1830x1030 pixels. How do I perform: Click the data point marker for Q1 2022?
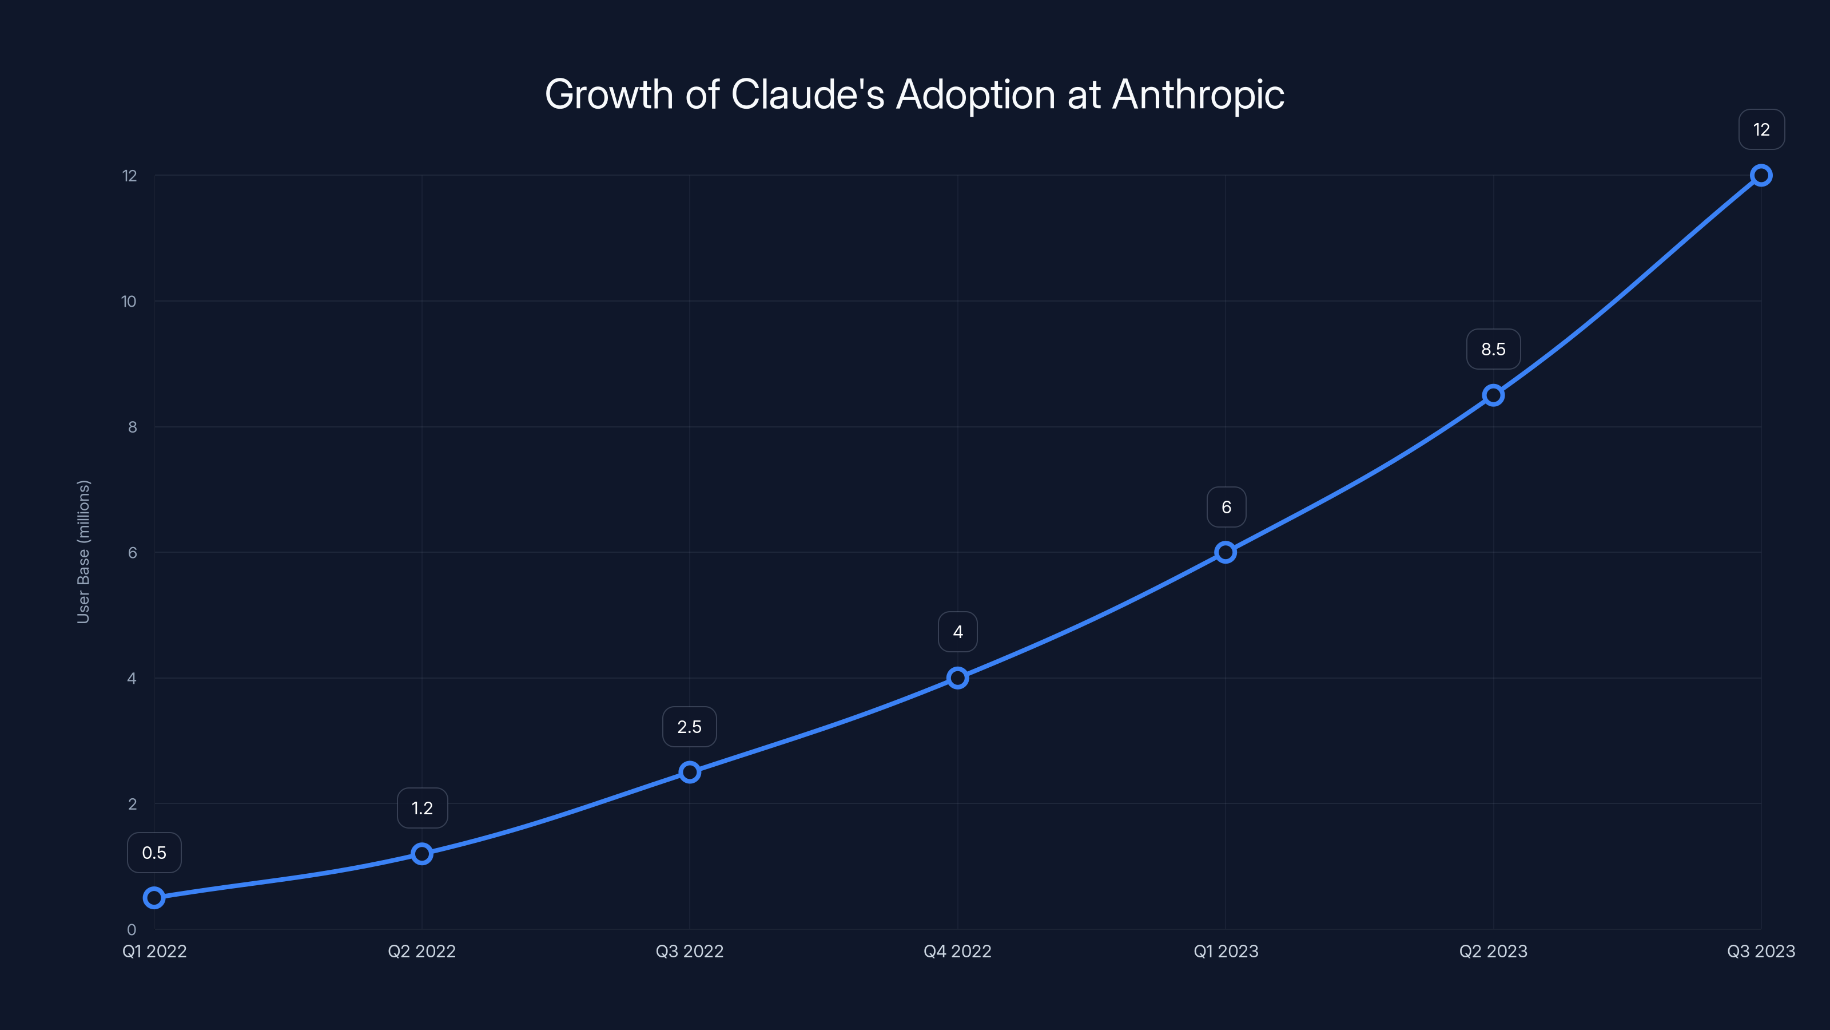click(154, 898)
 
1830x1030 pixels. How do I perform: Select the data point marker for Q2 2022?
click(422, 854)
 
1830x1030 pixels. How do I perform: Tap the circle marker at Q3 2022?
click(690, 772)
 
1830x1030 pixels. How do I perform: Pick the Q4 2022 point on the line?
click(958, 678)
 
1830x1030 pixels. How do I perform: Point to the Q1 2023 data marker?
click(1226, 552)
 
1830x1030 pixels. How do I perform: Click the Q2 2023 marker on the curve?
click(1493, 395)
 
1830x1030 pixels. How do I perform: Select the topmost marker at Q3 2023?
click(1761, 176)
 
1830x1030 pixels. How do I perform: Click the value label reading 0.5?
click(154, 852)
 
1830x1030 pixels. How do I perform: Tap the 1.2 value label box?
click(422, 807)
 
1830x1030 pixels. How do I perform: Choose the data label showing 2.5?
click(689, 727)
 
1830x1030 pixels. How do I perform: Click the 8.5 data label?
click(1493, 349)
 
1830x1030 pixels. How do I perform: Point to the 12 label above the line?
click(1761, 129)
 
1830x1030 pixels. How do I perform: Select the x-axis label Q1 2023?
click(1226, 951)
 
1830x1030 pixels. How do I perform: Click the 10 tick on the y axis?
click(129, 302)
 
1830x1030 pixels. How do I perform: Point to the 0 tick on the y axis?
click(132, 929)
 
